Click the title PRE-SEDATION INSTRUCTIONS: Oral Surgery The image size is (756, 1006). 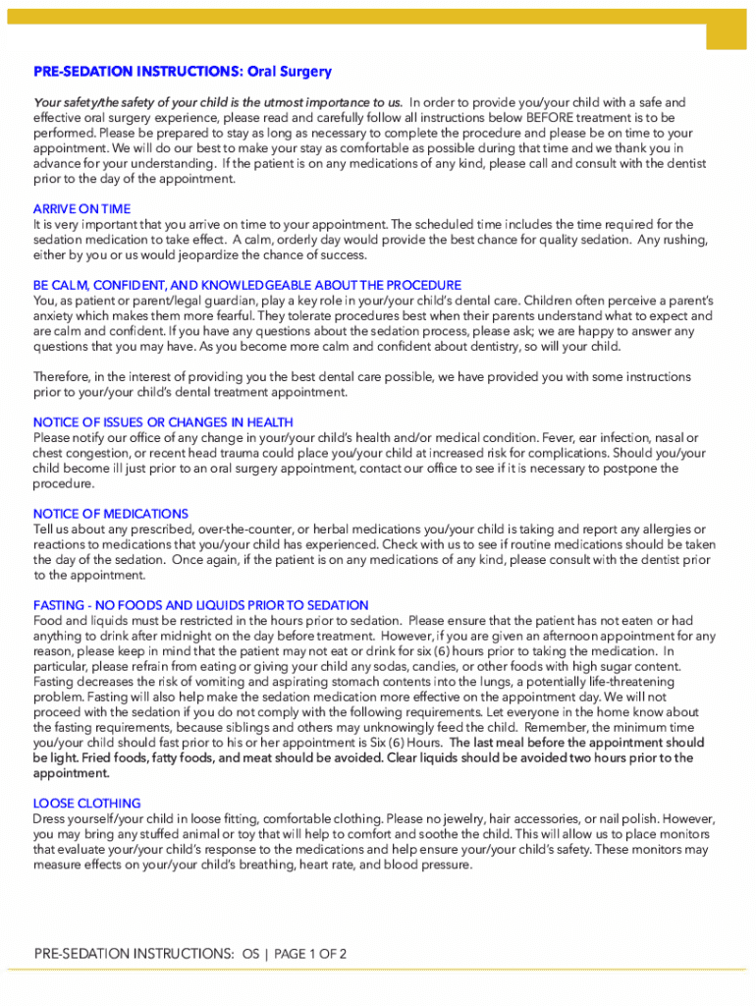(183, 72)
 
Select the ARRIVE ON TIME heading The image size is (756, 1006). (81, 209)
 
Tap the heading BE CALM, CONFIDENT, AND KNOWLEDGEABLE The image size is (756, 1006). (246, 285)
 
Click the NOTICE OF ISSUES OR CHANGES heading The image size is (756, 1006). (163, 422)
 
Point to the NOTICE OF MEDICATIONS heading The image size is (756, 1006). (110, 514)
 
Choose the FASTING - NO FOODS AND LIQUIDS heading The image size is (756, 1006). (200, 605)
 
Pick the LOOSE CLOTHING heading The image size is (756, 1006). (86, 803)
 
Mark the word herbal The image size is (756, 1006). (314, 529)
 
